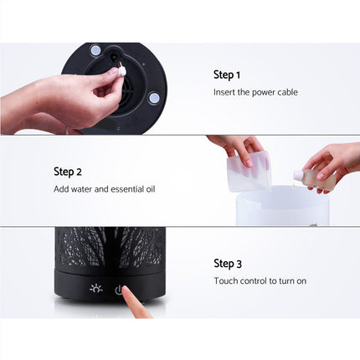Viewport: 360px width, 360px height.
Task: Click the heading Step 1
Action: [x=227, y=75]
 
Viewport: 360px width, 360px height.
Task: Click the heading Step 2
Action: [x=68, y=171]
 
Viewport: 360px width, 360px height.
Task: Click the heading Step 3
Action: [x=228, y=264]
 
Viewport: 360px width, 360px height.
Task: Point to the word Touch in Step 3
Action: [x=226, y=281]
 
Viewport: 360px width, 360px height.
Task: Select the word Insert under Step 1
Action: [x=224, y=92]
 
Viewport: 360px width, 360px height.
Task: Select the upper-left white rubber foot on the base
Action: [x=96, y=50]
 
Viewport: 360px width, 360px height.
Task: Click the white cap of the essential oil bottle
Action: [x=297, y=175]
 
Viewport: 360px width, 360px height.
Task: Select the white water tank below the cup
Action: [x=281, y=206]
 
